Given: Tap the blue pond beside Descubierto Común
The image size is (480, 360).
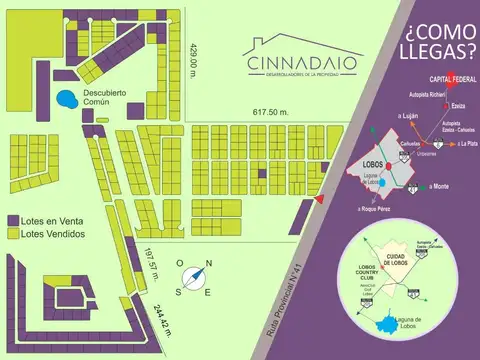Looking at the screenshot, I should [x=67, y=100].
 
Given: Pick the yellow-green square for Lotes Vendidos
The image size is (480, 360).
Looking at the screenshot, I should [x=12, y=233].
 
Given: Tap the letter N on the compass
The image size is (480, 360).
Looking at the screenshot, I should [x=208, y=265].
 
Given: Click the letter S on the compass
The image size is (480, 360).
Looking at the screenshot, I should [x=178, y=291].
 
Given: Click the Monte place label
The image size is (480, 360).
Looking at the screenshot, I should [x=437, y=187].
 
